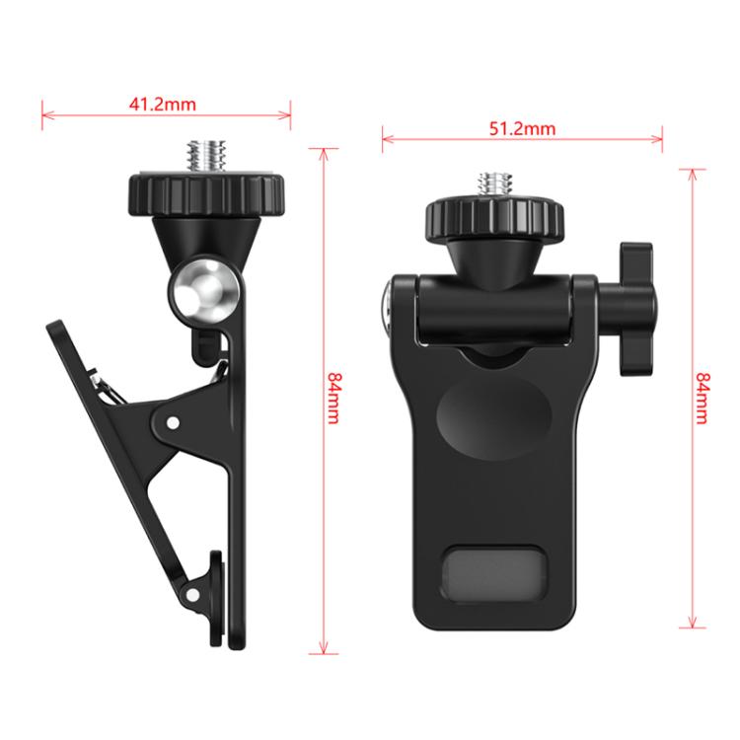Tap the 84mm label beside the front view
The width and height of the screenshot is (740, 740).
click(x=703, y=399)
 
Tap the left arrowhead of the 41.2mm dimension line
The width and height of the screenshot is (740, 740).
click(x=43, y=114)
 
